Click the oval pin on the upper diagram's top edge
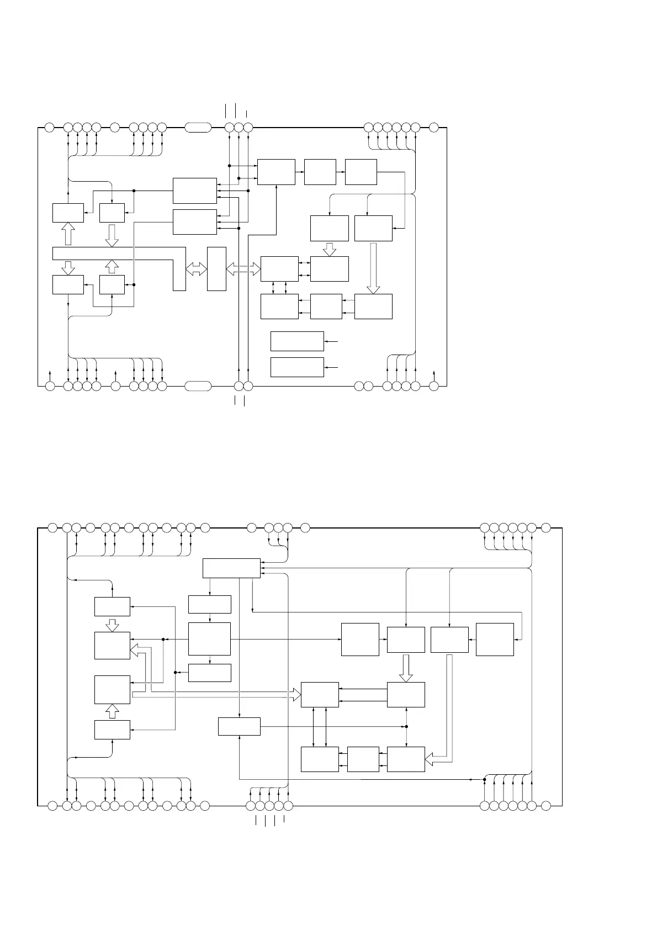198,128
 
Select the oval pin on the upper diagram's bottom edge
198,385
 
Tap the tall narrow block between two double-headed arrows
216,269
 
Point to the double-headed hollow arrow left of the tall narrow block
196,269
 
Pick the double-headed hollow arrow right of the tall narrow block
243,269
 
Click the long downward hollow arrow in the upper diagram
374,268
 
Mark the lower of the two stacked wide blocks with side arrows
297,367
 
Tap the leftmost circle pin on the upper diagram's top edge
49,128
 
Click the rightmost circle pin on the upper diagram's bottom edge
434,385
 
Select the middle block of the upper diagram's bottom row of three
326,307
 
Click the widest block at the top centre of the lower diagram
231,568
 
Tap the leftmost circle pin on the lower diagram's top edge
52,527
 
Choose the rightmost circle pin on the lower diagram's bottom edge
545,806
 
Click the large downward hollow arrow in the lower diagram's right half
406,668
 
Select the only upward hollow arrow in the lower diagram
112,712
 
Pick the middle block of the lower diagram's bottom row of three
363,759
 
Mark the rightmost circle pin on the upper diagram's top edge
434,128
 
